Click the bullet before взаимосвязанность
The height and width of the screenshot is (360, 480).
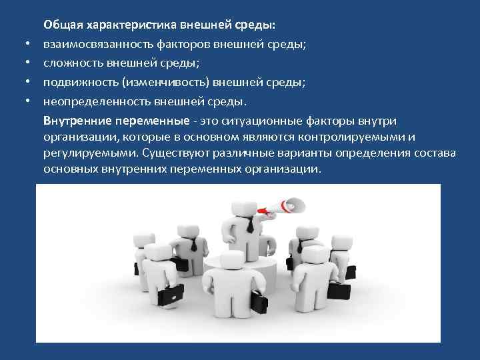point(29,45)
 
